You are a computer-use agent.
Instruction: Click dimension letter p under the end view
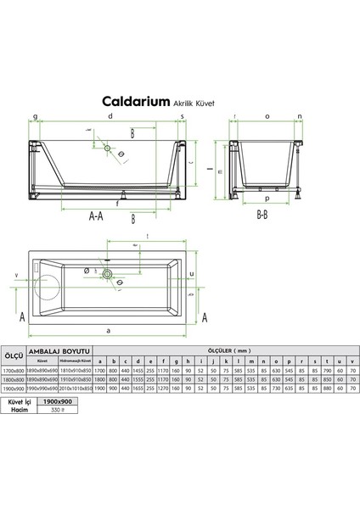pyautogui.click(x=267, y=199)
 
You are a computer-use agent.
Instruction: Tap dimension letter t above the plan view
pyautogui.click(x=149, y=237)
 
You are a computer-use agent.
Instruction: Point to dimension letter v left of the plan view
pyautogui.click(x=17, y=274)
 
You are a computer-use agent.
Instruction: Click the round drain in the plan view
pyautogui.click(x=107, y=273)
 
